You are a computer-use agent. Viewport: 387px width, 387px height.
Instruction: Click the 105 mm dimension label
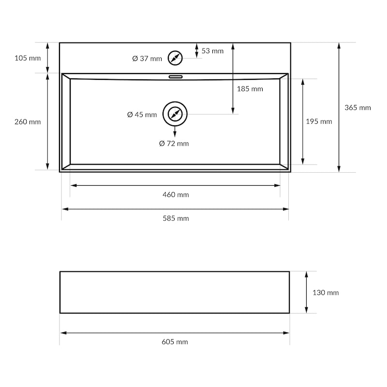tap(28, 58)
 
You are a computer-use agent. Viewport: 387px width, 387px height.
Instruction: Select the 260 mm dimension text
tap(28, 122)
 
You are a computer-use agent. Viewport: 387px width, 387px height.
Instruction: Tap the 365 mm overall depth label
tap(357, 107)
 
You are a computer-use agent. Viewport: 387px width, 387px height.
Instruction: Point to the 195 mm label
tap(319, 121)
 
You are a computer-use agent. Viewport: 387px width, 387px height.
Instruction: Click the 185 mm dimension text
tap(250, 89)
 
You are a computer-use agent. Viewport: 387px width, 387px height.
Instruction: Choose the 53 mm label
tap(212, 51)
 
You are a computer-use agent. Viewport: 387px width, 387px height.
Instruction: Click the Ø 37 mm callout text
tap(147, 59)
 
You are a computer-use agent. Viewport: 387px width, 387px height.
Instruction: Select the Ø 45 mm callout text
tap(142, 115)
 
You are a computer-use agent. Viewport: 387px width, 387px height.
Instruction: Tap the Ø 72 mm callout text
tap(174, 144)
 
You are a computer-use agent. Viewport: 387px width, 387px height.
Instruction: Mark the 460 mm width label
tap(176, 195)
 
